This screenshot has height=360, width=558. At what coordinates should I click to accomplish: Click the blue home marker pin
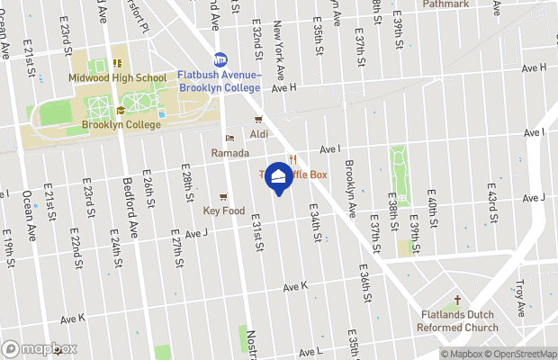click(x=279, y=177)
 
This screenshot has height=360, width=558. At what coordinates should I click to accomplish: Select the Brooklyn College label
click(x=121, y=125)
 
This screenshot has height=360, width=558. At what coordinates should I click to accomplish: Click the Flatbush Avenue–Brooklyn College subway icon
click(x=220, y=60)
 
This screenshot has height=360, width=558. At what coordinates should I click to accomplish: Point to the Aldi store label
click(x=259, y=134)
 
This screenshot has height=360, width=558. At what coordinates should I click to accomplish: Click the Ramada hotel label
click(x=229, y=154)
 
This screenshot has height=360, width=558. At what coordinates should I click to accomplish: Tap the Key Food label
click(x=223, y=211)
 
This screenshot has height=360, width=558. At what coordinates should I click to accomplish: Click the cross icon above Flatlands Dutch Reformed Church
click(x=456, y=301)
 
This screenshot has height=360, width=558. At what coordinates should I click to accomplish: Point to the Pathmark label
click(x=445, y=4)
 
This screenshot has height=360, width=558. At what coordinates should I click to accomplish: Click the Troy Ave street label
click(x=520, y=298)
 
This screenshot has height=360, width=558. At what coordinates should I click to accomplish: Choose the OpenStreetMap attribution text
click(x=522, y=354)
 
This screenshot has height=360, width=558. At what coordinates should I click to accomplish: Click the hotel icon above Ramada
click(x=229, y=139)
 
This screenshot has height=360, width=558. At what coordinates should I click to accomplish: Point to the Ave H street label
click(x=283, y=88)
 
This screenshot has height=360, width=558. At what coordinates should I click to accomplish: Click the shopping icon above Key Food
click(x=223, y=196)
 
